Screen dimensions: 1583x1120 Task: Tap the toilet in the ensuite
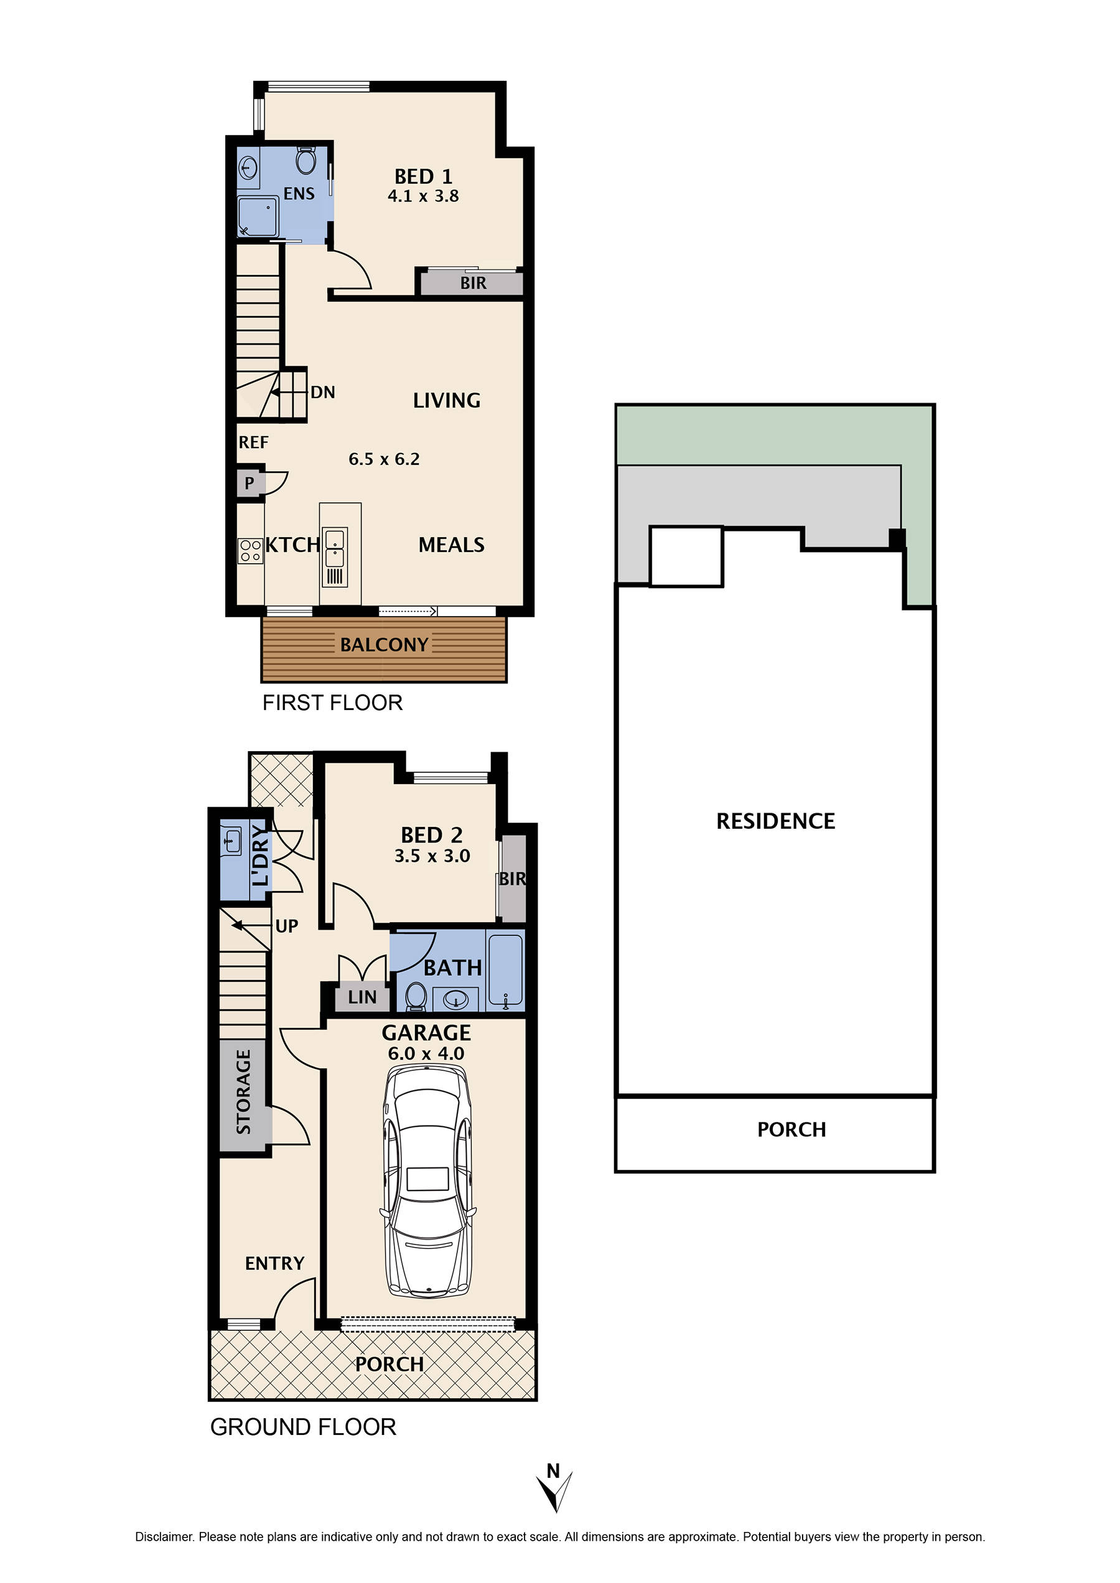[x=306, y=161]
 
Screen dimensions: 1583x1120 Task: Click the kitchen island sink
[x=335, y=548]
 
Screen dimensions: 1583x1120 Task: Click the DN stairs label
[x=323, y=393]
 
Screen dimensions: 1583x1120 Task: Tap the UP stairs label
[x=286, y=927]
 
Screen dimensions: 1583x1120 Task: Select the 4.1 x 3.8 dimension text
[x=422, y=197]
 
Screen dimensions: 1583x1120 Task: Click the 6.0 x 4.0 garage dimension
[x=426, y=1053]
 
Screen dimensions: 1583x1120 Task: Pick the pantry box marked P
[x=250, y=483]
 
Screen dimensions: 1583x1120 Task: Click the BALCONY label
[x=384, y=645]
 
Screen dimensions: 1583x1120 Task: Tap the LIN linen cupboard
[x=362, y=997]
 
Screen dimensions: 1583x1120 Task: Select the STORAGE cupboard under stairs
[x=243, y=1093]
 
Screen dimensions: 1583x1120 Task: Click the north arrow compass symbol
[x=555, y=1490]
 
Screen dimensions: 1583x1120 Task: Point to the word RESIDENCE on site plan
[x=775, y=821]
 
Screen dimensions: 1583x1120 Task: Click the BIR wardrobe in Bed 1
[x=472, y=283]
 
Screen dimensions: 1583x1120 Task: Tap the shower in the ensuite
[x=258, y=217]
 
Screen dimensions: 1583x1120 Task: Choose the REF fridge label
[x=253, y=442]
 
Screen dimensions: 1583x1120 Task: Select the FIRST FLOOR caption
[x=332, y=703]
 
